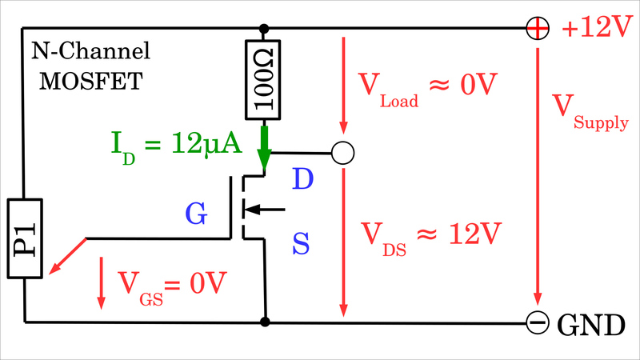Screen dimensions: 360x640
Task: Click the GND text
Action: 590,325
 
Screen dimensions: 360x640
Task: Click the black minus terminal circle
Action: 538,322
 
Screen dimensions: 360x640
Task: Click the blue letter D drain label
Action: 302,179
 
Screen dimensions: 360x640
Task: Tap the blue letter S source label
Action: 301,244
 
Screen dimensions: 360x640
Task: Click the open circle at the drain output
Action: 342,152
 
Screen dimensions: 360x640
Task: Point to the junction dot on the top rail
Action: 264,28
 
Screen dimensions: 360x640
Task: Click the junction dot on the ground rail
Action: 264,322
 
